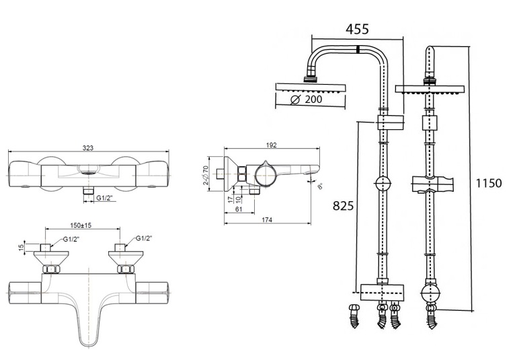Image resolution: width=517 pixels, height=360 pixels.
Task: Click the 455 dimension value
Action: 356,29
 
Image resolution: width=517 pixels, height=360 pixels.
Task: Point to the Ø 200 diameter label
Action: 306,100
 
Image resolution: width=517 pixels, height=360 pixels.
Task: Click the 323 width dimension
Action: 87,147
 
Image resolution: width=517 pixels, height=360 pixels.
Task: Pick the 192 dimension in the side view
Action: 272,145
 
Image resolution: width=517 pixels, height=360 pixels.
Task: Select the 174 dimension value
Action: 266,220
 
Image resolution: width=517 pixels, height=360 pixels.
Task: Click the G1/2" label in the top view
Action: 104,199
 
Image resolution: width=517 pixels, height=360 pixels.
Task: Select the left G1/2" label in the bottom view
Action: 71,239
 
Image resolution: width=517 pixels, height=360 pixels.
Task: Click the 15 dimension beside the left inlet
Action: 21,247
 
